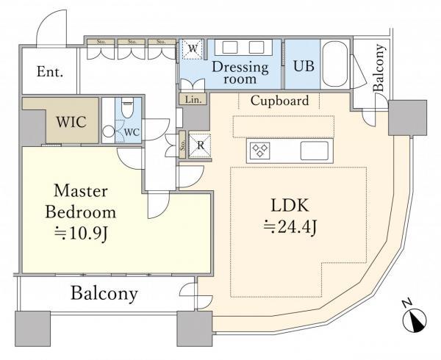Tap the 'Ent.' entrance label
click(x=50, y=72)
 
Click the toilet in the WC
click(x=127, y=110)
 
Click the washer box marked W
click(x=192, y=49)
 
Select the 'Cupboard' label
click(x=279, y=101)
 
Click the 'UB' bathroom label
click(x=304, y=64)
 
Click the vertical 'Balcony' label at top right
click(x=379, y=68)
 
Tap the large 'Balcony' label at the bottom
click(x=104, y=294)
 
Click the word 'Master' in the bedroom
click(x=81, y=191)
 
